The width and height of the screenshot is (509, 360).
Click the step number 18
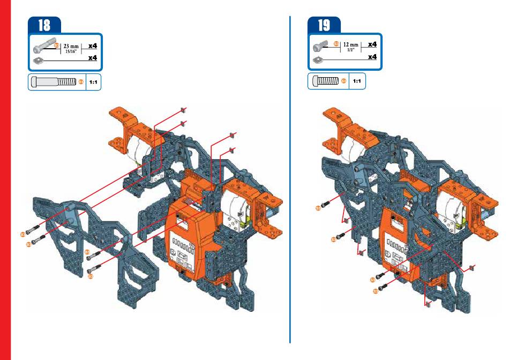click(44, 25)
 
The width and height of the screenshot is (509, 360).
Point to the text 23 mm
click(71, 47)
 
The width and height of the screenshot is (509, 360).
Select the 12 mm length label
click(350, 45)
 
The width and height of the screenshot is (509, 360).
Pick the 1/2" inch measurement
click(350, 50)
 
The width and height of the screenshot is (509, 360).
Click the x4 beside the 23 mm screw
click(92, 46)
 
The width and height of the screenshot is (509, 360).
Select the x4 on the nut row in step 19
click(371, 56)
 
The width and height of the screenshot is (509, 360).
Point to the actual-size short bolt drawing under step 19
click(325, 81)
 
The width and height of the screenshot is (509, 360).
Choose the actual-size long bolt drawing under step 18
click(54, 82)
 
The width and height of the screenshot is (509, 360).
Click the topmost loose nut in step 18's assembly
click(183, 110)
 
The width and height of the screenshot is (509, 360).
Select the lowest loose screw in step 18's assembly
click(95, 269)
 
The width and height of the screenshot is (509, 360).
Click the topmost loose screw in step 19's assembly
click(327, 202)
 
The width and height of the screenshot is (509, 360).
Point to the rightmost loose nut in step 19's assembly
click(471, 266)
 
